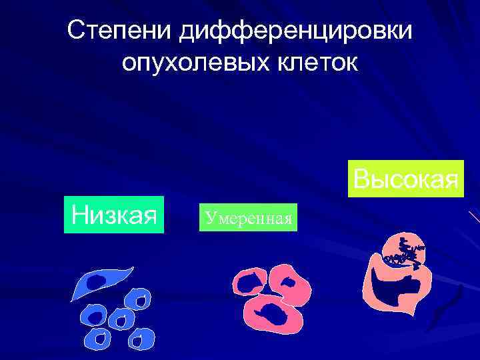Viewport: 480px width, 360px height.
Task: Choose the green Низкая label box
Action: (x=113, y=215)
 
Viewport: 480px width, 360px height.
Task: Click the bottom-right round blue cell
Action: (x=141, y=339)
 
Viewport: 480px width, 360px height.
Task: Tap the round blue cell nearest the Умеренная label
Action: (x=139, y=301)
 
